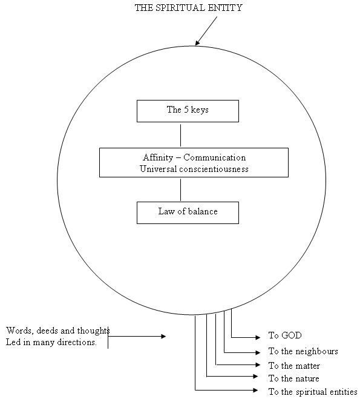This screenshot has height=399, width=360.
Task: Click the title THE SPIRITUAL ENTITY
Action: click(x=188, y=8)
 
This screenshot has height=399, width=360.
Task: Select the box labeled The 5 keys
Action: click(x=188, y=111)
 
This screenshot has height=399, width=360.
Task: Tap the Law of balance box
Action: click(x=188, y=213)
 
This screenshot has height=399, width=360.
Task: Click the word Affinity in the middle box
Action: click(x=158, y=157)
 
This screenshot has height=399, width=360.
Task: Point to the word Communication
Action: click(x=215, y=157)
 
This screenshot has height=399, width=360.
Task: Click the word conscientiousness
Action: click(x=214, y=169)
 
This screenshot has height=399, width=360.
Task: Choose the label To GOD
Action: click(x=285, y=335)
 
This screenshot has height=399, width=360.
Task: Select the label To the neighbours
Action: click(x=303, y=351)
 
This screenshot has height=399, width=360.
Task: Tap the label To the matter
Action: click(x=294, y=366)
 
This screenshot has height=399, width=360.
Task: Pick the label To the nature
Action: click(x=293, y=378)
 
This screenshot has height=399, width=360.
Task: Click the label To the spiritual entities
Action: click(x=313, y=391)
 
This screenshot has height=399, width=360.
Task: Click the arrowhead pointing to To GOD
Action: click(x=258, y=337)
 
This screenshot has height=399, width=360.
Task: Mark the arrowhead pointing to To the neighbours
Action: click(x=258, y=352)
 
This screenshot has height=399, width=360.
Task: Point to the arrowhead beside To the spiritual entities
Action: click(x=256, y=390)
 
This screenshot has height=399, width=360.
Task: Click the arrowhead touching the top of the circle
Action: click(x=197, y=43)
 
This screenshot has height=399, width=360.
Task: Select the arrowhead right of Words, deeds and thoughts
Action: click(x=163, y=337)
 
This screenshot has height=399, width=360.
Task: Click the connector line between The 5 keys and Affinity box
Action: click(x=180, y=136)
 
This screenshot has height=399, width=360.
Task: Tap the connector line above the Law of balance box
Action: click(x=180, y=190)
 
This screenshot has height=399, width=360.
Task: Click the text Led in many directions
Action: click(x=51, y=342)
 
